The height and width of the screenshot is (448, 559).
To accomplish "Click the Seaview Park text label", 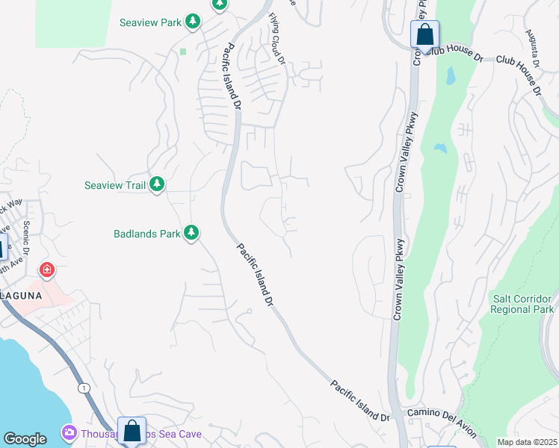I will point(150,22).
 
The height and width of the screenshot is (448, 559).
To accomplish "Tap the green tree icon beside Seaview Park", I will point(194,22).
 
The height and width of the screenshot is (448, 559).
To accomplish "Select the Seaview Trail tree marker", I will point(156,184).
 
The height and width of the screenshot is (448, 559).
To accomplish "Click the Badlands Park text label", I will point(147,234).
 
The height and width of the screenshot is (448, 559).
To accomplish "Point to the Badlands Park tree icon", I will point(191,233).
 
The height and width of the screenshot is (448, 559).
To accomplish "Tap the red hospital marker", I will point(47,270).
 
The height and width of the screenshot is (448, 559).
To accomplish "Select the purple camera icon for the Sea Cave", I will point(70,433).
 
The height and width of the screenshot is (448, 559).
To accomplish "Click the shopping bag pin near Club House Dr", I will point(424,35).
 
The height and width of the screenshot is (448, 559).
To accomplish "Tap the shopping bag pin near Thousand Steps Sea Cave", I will point(132,431).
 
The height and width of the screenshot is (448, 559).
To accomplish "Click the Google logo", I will point(25,439).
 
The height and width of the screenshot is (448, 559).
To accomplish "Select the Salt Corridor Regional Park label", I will point(522,304).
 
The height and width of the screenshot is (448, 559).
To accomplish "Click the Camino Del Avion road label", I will point(441,413).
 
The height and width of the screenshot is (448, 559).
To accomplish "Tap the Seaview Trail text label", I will point(114,184).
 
